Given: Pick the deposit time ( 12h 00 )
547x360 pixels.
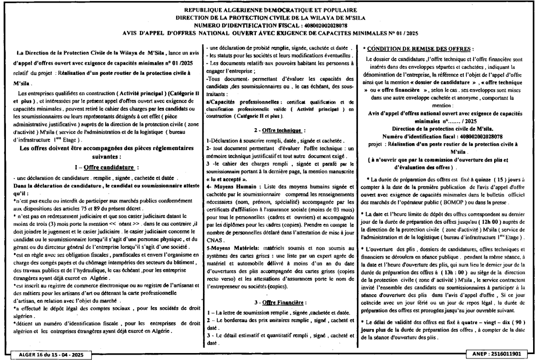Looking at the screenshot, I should pyautogui.click(x=481, y=221).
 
